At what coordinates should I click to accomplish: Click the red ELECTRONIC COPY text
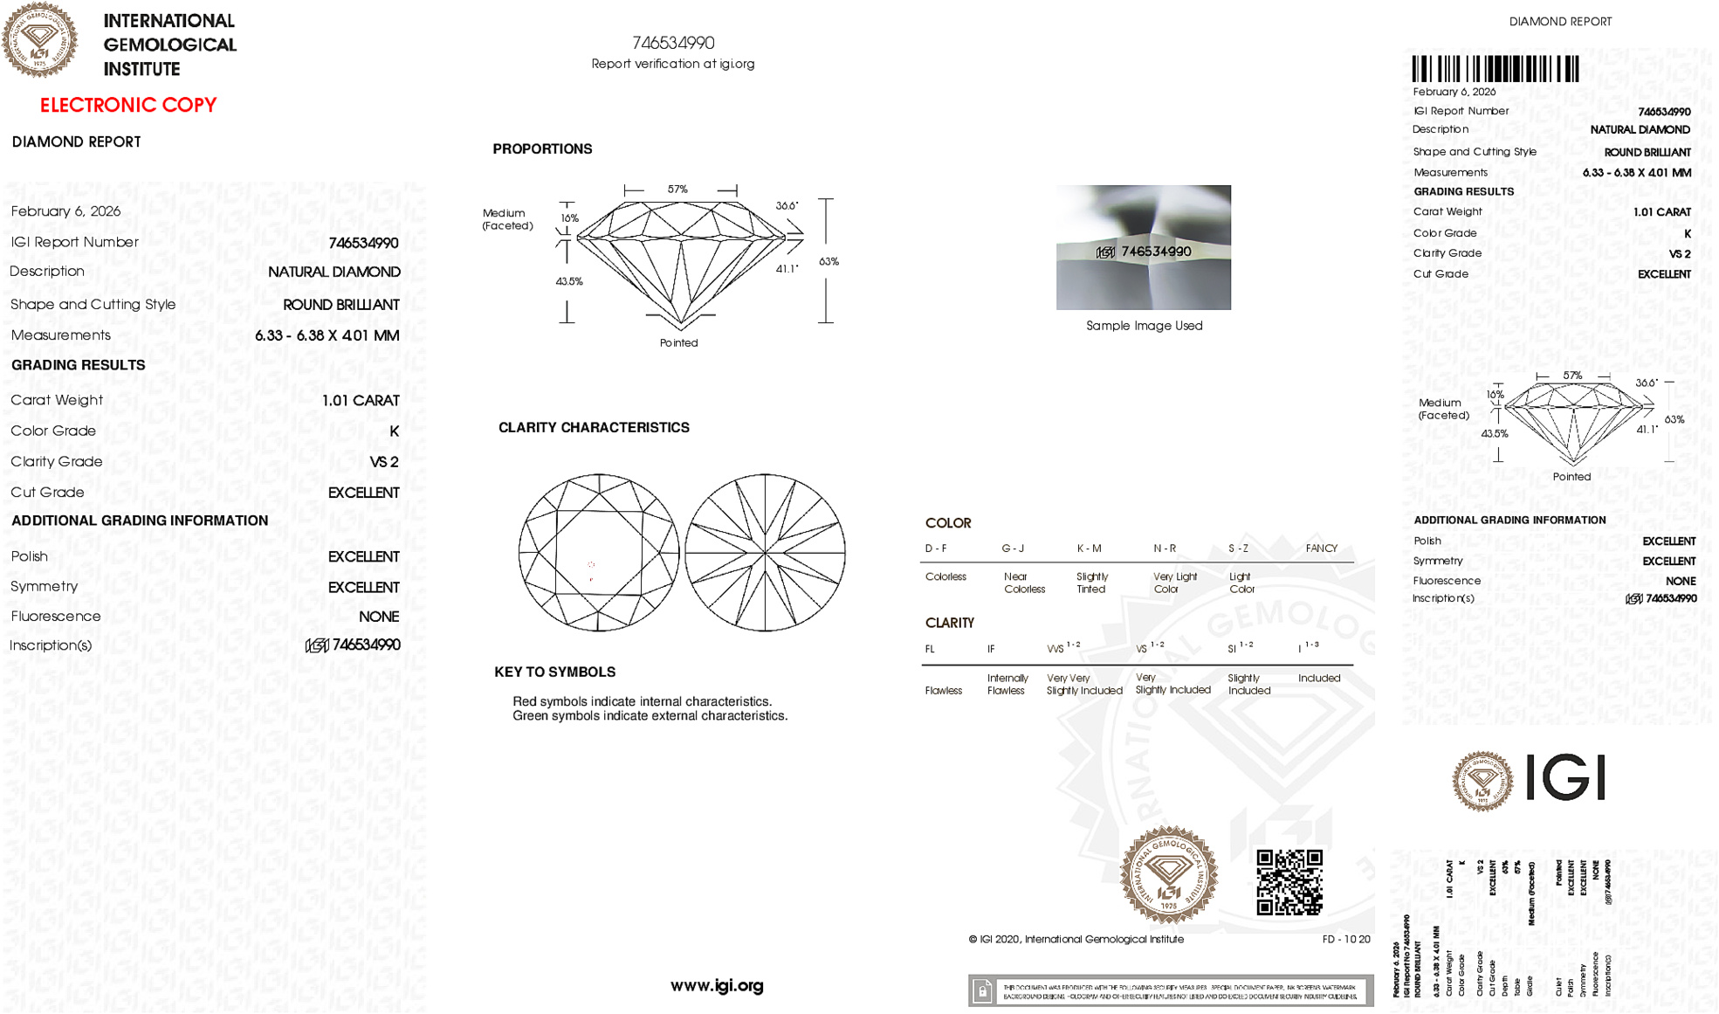click(x=128, y=106)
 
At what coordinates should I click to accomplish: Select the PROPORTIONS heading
click(x=542, y=149)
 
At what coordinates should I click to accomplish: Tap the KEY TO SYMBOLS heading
click(x=554, y=672)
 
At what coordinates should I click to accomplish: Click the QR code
click(x=1289, y=882)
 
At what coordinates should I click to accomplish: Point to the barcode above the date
click(x=1495, y=69)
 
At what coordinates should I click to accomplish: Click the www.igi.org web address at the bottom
click(x=717, y=985)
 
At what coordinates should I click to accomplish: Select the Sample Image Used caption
click(x=1144, y=326)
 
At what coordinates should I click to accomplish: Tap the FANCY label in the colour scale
click(x=1321, y=548)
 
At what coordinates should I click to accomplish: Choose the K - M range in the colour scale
click(x=1089, y=548)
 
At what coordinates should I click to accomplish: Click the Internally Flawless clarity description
click(x=1007, y=684)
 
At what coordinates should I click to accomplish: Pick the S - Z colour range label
click(x=1238, y=548)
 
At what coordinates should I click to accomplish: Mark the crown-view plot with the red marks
click(x=599, y=552)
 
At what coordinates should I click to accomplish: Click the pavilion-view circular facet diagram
click(x=765, y=552)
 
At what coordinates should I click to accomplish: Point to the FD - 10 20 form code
click(x=1345, y=940)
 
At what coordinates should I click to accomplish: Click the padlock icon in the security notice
click(x=982, y=990)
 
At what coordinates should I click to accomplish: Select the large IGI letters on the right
click(x=1565, y=777)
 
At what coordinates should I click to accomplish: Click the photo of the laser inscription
click(x=1144, y=247)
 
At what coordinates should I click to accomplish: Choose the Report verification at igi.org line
click(x=672, y=64)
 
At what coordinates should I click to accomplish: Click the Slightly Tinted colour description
click(x=1091, y=583)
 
